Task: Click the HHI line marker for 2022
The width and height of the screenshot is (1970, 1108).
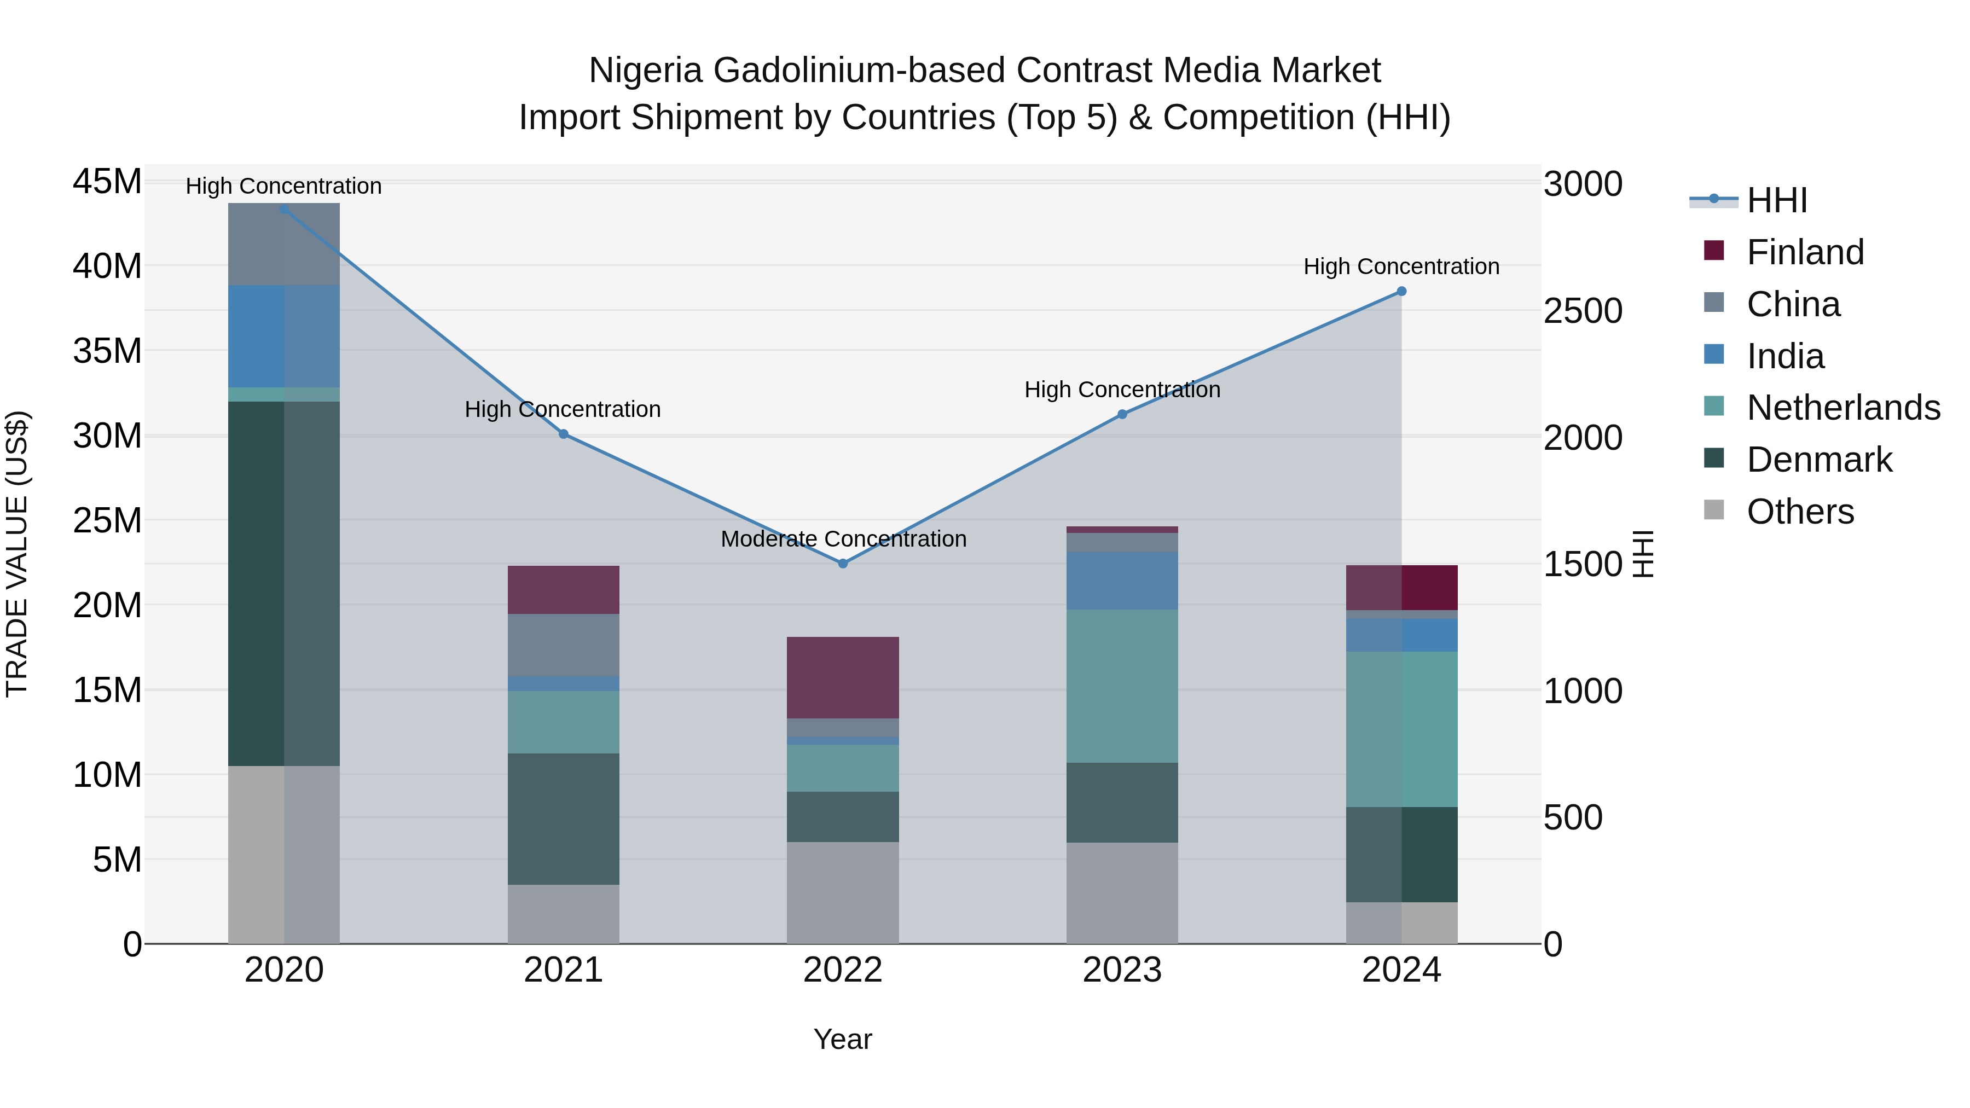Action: pyautogui.click(x=843, y=564)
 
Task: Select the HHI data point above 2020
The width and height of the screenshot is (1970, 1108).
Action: pyautogui.click(x=283, y=209)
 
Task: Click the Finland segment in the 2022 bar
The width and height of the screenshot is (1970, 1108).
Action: pyautogui.click(x=843, y=677)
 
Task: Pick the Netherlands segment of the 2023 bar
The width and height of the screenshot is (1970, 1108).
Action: pyautogui.click(x=1122, y=686)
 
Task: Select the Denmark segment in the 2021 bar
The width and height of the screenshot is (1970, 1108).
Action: pyautogui.click(x=564, y=819)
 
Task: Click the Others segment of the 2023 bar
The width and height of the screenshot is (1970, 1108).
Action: pyautogui.click(x=1122, y=893)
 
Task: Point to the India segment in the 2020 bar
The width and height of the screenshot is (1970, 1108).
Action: pyautogui.click(x=283, y=337)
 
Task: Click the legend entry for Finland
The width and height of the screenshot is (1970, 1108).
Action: pyautogui.click(x=1805, y=252)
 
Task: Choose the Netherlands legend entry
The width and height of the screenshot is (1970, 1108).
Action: pyautogui.click(x=1843, y=408)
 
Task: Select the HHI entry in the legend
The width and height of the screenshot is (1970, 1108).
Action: pyautogui.click(x=1776, y=200)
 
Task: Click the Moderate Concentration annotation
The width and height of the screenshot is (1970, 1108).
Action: pyautogui.click(x=843, y=539)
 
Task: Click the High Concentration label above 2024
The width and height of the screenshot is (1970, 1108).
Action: pyautogui.click(x=1401, y=267)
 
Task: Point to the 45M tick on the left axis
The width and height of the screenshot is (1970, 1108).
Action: pyautogui.click(x=107, y=182)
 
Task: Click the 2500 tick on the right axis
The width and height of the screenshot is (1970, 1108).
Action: pyautogui.click(x=1582, y=311)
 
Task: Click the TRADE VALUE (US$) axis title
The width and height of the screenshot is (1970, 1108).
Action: pyautogui.click(x=17, y=554)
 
